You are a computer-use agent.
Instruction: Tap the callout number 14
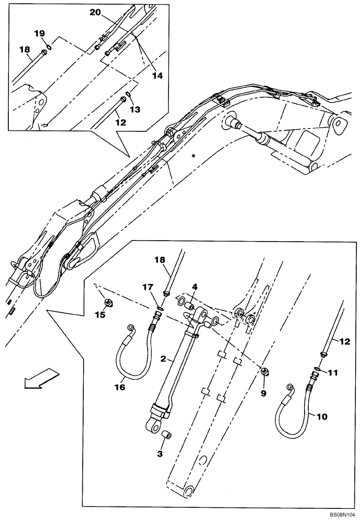coord(157,75)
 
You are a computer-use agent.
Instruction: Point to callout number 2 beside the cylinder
coord(163,359)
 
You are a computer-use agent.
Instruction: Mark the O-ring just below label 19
coord(48,46)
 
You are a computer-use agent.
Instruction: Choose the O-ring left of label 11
coord(318,372)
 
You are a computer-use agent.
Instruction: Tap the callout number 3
coord(160,454)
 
